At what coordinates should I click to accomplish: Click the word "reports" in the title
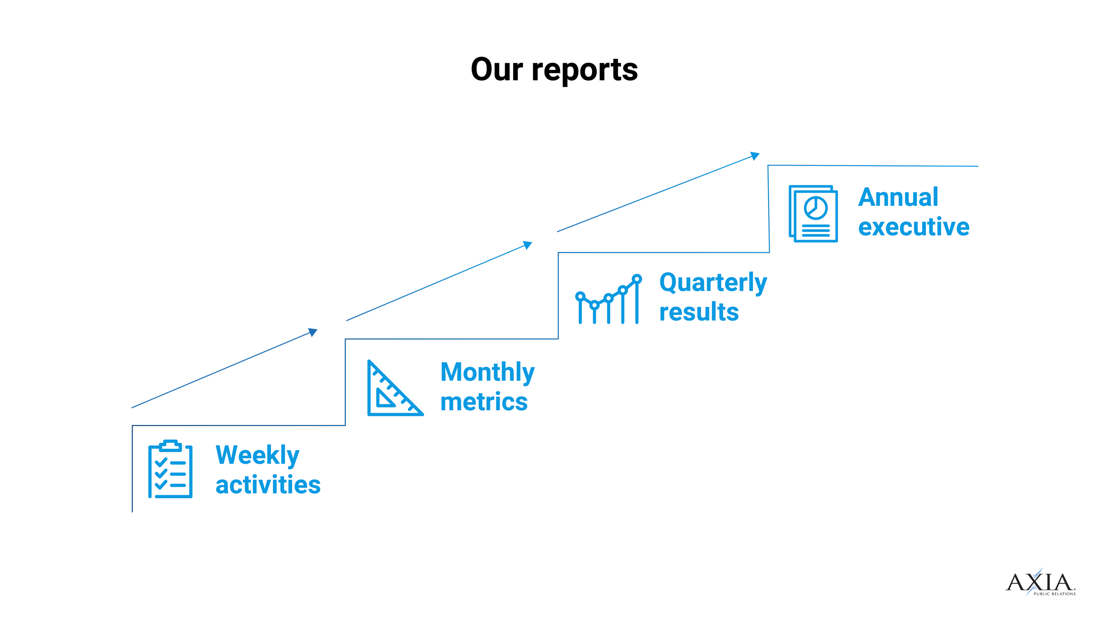tap(585, 71)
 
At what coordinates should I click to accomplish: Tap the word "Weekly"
tap(257, 455)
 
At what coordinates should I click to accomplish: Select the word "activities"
tap(268, 485)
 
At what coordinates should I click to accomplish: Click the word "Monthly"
tap(487, 372)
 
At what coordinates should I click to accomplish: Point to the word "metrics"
tap(484, 402)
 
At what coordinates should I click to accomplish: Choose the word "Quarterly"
tap(713, 283)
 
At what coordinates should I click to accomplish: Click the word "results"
tap(699, 312)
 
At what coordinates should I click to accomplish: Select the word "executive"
tap(914, 227)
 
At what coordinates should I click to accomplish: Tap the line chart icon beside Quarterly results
tap(609, 299)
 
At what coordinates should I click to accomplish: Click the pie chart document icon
tap(813, 214)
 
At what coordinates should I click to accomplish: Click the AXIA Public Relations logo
tap(1040, 583)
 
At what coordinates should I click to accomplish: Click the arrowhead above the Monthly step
tap(528, 245)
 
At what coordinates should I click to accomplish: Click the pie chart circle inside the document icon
tap(815, 208)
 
